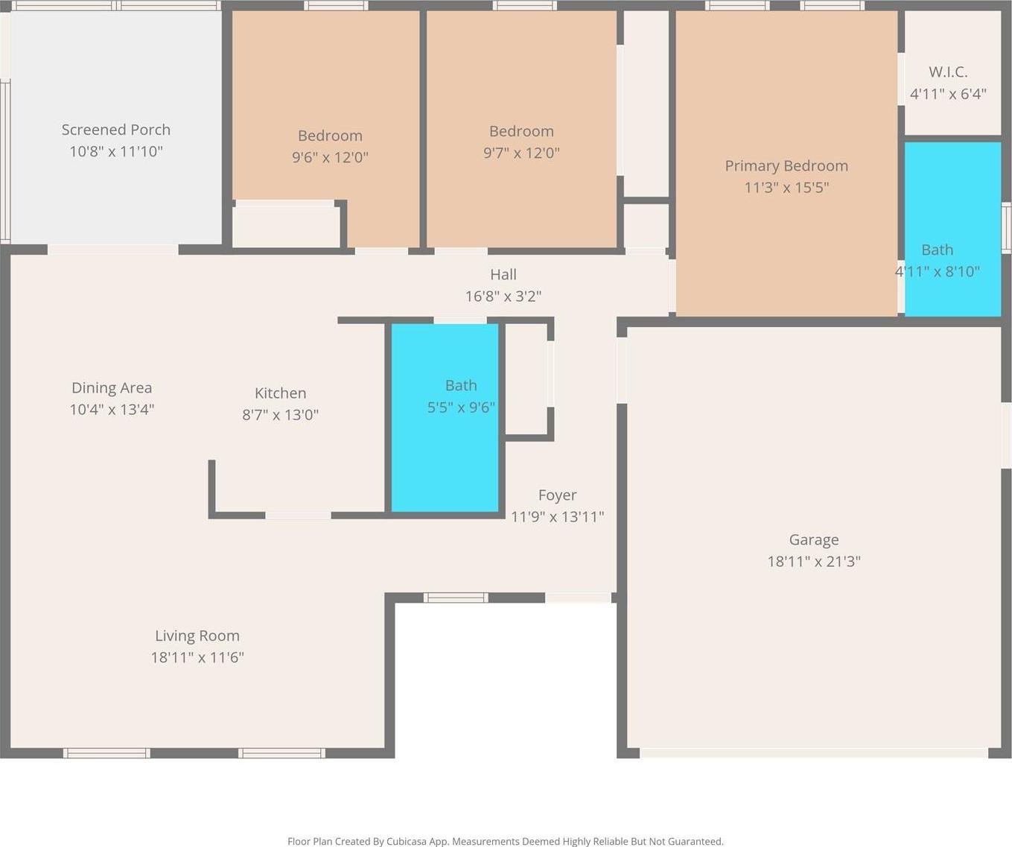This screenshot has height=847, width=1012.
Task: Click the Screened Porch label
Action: (x=116, y=130)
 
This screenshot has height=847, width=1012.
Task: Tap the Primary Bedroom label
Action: (x=786, y=166)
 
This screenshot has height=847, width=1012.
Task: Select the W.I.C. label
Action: (x=948, y=72)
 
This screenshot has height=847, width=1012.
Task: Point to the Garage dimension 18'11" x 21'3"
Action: (x=814, y=562)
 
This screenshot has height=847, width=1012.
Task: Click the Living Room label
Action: (x=197, y=635)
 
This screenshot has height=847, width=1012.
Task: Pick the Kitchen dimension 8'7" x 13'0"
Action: (x=280, y=415)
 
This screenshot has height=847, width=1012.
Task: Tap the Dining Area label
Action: (x=112, y=388)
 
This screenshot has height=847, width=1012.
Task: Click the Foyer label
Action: (x=557, y=495)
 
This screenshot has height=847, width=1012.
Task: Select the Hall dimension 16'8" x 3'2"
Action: (x=503, y=296)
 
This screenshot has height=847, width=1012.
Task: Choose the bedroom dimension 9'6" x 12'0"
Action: (x=330, y=158)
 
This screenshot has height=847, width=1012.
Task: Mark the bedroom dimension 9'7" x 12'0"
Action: (x=521, y=153)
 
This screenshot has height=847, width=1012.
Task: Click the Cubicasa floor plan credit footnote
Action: (x=506, y=841)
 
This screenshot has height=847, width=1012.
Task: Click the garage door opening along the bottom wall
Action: (x=814, y=752)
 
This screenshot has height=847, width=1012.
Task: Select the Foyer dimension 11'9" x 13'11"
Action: (x=557, y=517)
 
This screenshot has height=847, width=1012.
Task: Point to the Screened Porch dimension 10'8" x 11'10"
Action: (x=116, y=152)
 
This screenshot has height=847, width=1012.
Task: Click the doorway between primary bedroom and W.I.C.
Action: (x=901, y=78)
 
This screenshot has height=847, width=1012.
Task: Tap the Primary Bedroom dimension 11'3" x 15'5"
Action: (x=786, y=188)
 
